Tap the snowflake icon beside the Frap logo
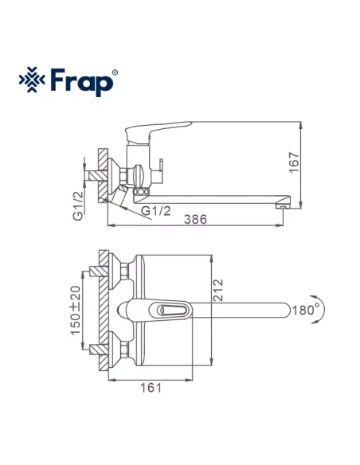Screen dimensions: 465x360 pyautogui.click(x=31, y=81)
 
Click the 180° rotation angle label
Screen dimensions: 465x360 pyautogui.click(x=306, y=308)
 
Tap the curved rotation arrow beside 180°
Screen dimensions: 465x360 pyautogui.click(x=323, y=309)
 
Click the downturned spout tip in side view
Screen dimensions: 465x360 pyautogui.click(x=281, y=205)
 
